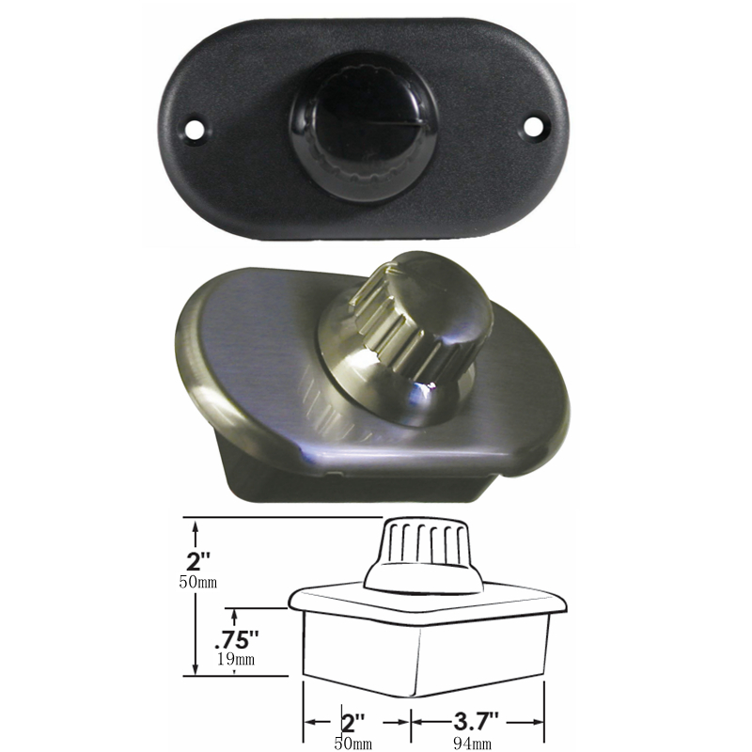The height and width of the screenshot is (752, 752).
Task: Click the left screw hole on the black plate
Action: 195,128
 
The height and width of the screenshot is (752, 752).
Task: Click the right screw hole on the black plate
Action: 533,127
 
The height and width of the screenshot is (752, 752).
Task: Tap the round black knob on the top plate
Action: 363,128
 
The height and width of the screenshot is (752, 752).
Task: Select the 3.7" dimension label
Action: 476,720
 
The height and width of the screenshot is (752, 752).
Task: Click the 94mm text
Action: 473,743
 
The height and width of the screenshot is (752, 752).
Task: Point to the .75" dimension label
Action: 237,639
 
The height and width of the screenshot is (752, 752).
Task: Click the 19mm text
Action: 236,659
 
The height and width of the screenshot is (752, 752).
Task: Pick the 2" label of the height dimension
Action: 198,561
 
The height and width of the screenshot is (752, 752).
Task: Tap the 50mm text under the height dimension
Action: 198,582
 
